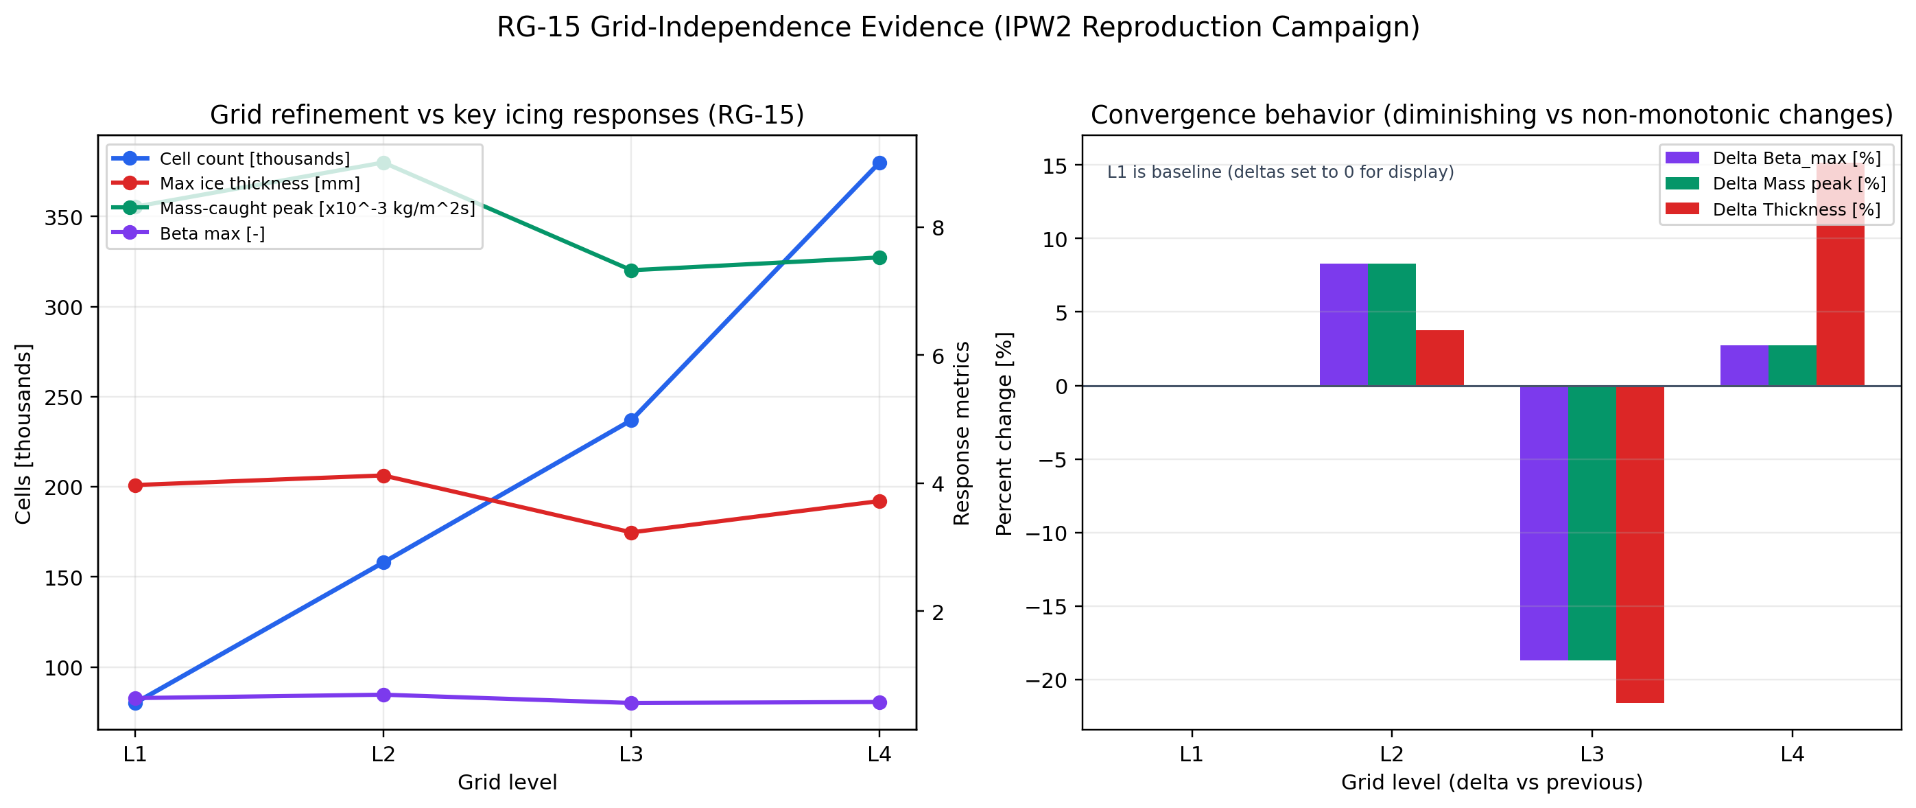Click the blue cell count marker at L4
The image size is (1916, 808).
click(879, 163)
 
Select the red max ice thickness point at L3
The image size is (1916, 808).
click(632, 533)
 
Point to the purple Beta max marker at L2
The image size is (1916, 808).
click(383, 695)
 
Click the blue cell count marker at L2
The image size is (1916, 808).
click(383, 562)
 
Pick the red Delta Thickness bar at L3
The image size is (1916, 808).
click(1640, 543)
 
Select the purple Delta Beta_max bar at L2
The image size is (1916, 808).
click(1343, 325)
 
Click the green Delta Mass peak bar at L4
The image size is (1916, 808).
click(1792, 365)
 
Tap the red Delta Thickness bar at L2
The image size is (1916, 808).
click(1439, 358)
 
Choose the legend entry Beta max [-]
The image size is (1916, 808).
click(212, 233)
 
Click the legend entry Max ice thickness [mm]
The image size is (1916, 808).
click(259, 184)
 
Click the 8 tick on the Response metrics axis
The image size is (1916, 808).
click(938, 228)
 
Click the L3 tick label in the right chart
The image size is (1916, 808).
click(1592, 754)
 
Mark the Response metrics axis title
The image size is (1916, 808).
click(962, 433)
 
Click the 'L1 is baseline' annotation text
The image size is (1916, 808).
click(1280, 172)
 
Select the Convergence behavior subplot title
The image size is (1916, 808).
click(1491, 115)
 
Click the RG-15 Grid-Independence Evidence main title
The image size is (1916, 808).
click(958, 27)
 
